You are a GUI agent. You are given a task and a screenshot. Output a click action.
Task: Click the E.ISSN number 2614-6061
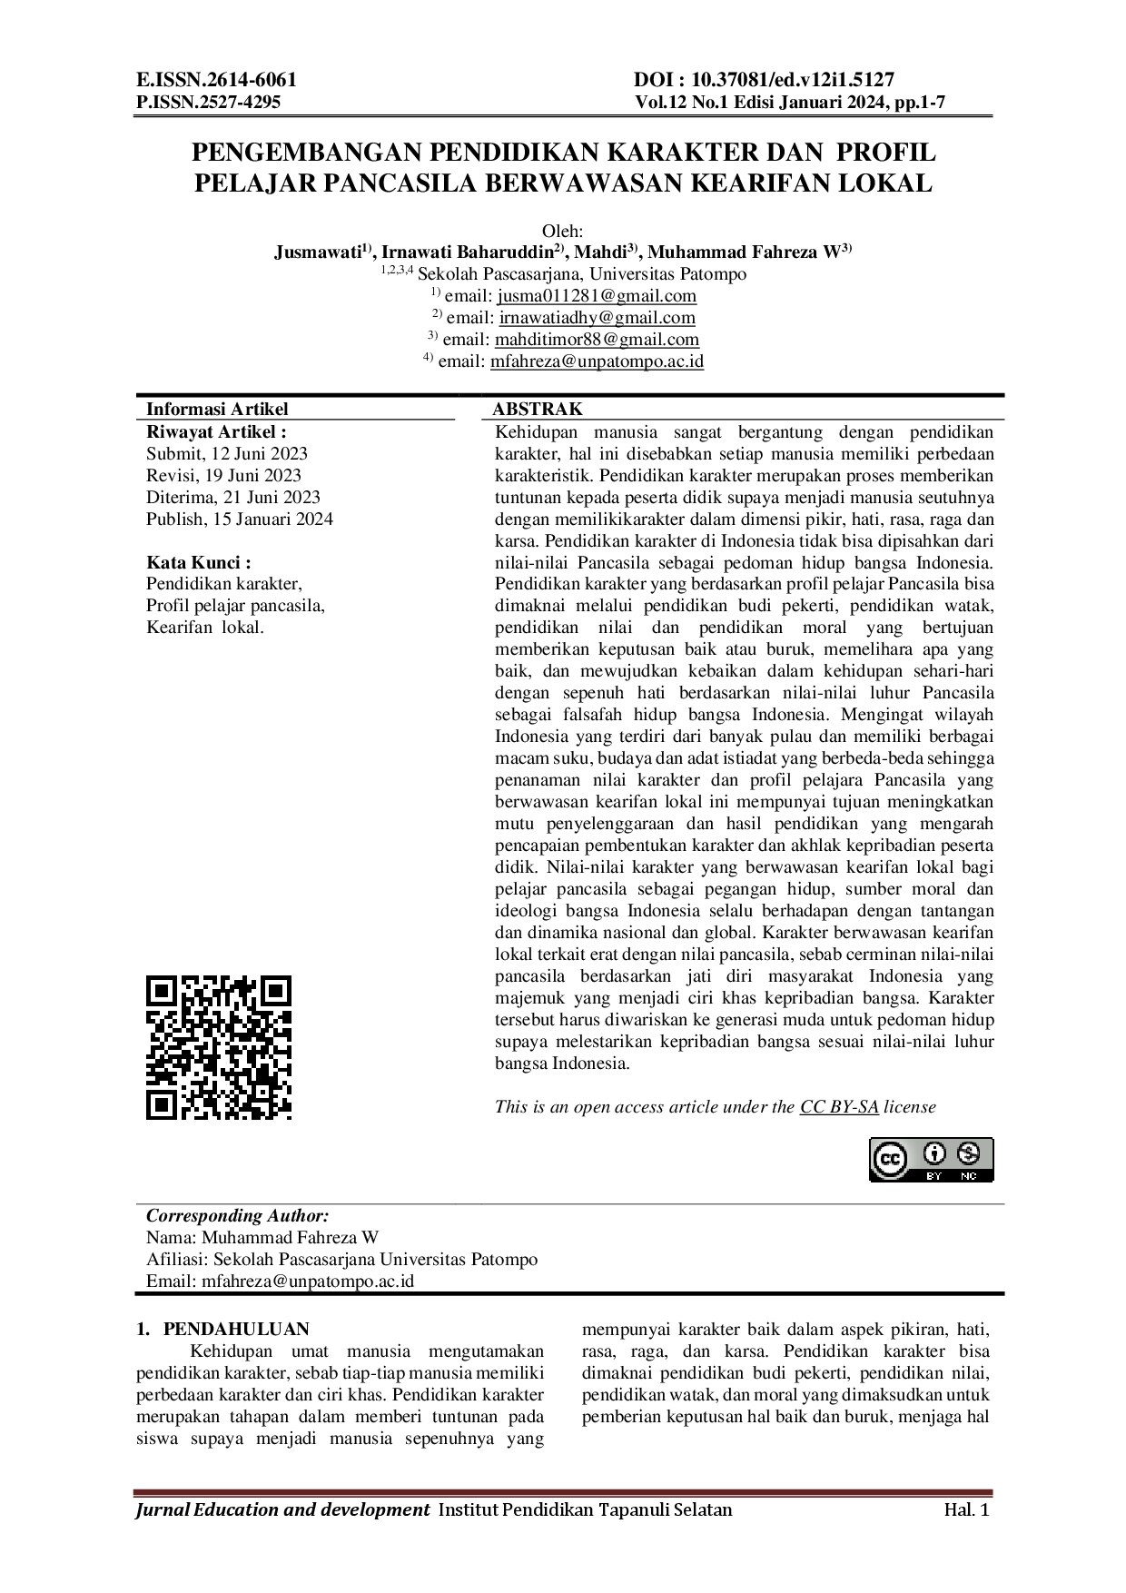[x=216, y=80]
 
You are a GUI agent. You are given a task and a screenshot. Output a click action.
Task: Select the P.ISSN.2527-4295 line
[x=208, y=102]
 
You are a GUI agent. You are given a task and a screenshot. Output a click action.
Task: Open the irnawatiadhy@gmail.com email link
[x=597, y=317]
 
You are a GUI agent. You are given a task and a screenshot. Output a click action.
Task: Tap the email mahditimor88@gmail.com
[x=597, y=339]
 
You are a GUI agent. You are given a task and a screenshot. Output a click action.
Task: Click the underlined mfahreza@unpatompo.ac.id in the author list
[x=597, y=361]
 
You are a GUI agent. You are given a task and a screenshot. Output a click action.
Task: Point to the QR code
[x=219, y=1047]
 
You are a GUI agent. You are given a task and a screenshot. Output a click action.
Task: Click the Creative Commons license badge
[x=932, y=1159]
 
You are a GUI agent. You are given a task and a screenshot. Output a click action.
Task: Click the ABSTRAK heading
[x=538, y=410]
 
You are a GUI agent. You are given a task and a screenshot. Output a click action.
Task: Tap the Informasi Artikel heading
[x=217, y=410]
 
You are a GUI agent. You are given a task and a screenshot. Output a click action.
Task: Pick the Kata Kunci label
[x=199, y=563]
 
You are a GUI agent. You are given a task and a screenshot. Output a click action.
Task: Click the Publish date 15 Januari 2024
[x=240, y=519]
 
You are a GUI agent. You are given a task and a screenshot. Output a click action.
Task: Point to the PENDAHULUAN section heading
[x=235, y=1330]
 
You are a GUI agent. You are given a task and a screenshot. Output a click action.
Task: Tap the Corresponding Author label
[x=238, y=1215]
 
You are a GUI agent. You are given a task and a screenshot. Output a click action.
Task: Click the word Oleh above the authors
[x=562, y=231]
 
